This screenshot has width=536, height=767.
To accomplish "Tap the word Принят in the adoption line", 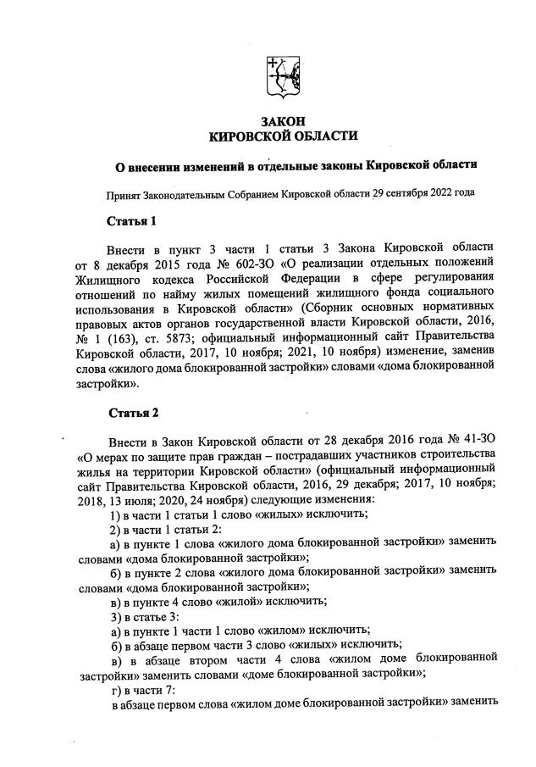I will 123,192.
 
